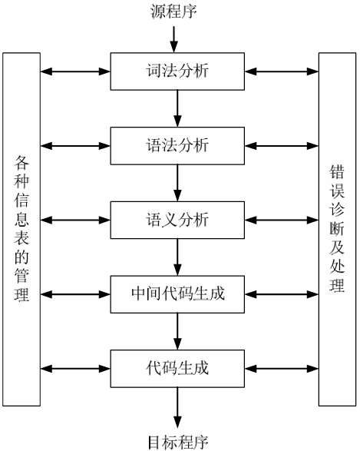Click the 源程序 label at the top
pyautogui.click(x=177, y=11)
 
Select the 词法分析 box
pyautogui.click(x=177, y=71)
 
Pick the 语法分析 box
pyautogui.click(x=177, y=144)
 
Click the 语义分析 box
pyautogui.click(x=177, y=218)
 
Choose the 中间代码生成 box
pyautogui.click(x=177, y=293)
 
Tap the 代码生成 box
pyautogui.click(x=177, y=366)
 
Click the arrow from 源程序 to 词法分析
pyautogui.click(x=177, y=38)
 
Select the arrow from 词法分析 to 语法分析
pyautogui.click(x=177, y=108)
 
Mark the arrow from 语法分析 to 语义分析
pyautogui.click(x=177, y=181)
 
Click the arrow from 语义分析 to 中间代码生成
pyautogui.click(x=177, y=255)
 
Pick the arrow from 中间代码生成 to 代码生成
pyautogui.click(x=177, y=330)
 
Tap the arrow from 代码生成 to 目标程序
pyautogui.click(x=177, y=404)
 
